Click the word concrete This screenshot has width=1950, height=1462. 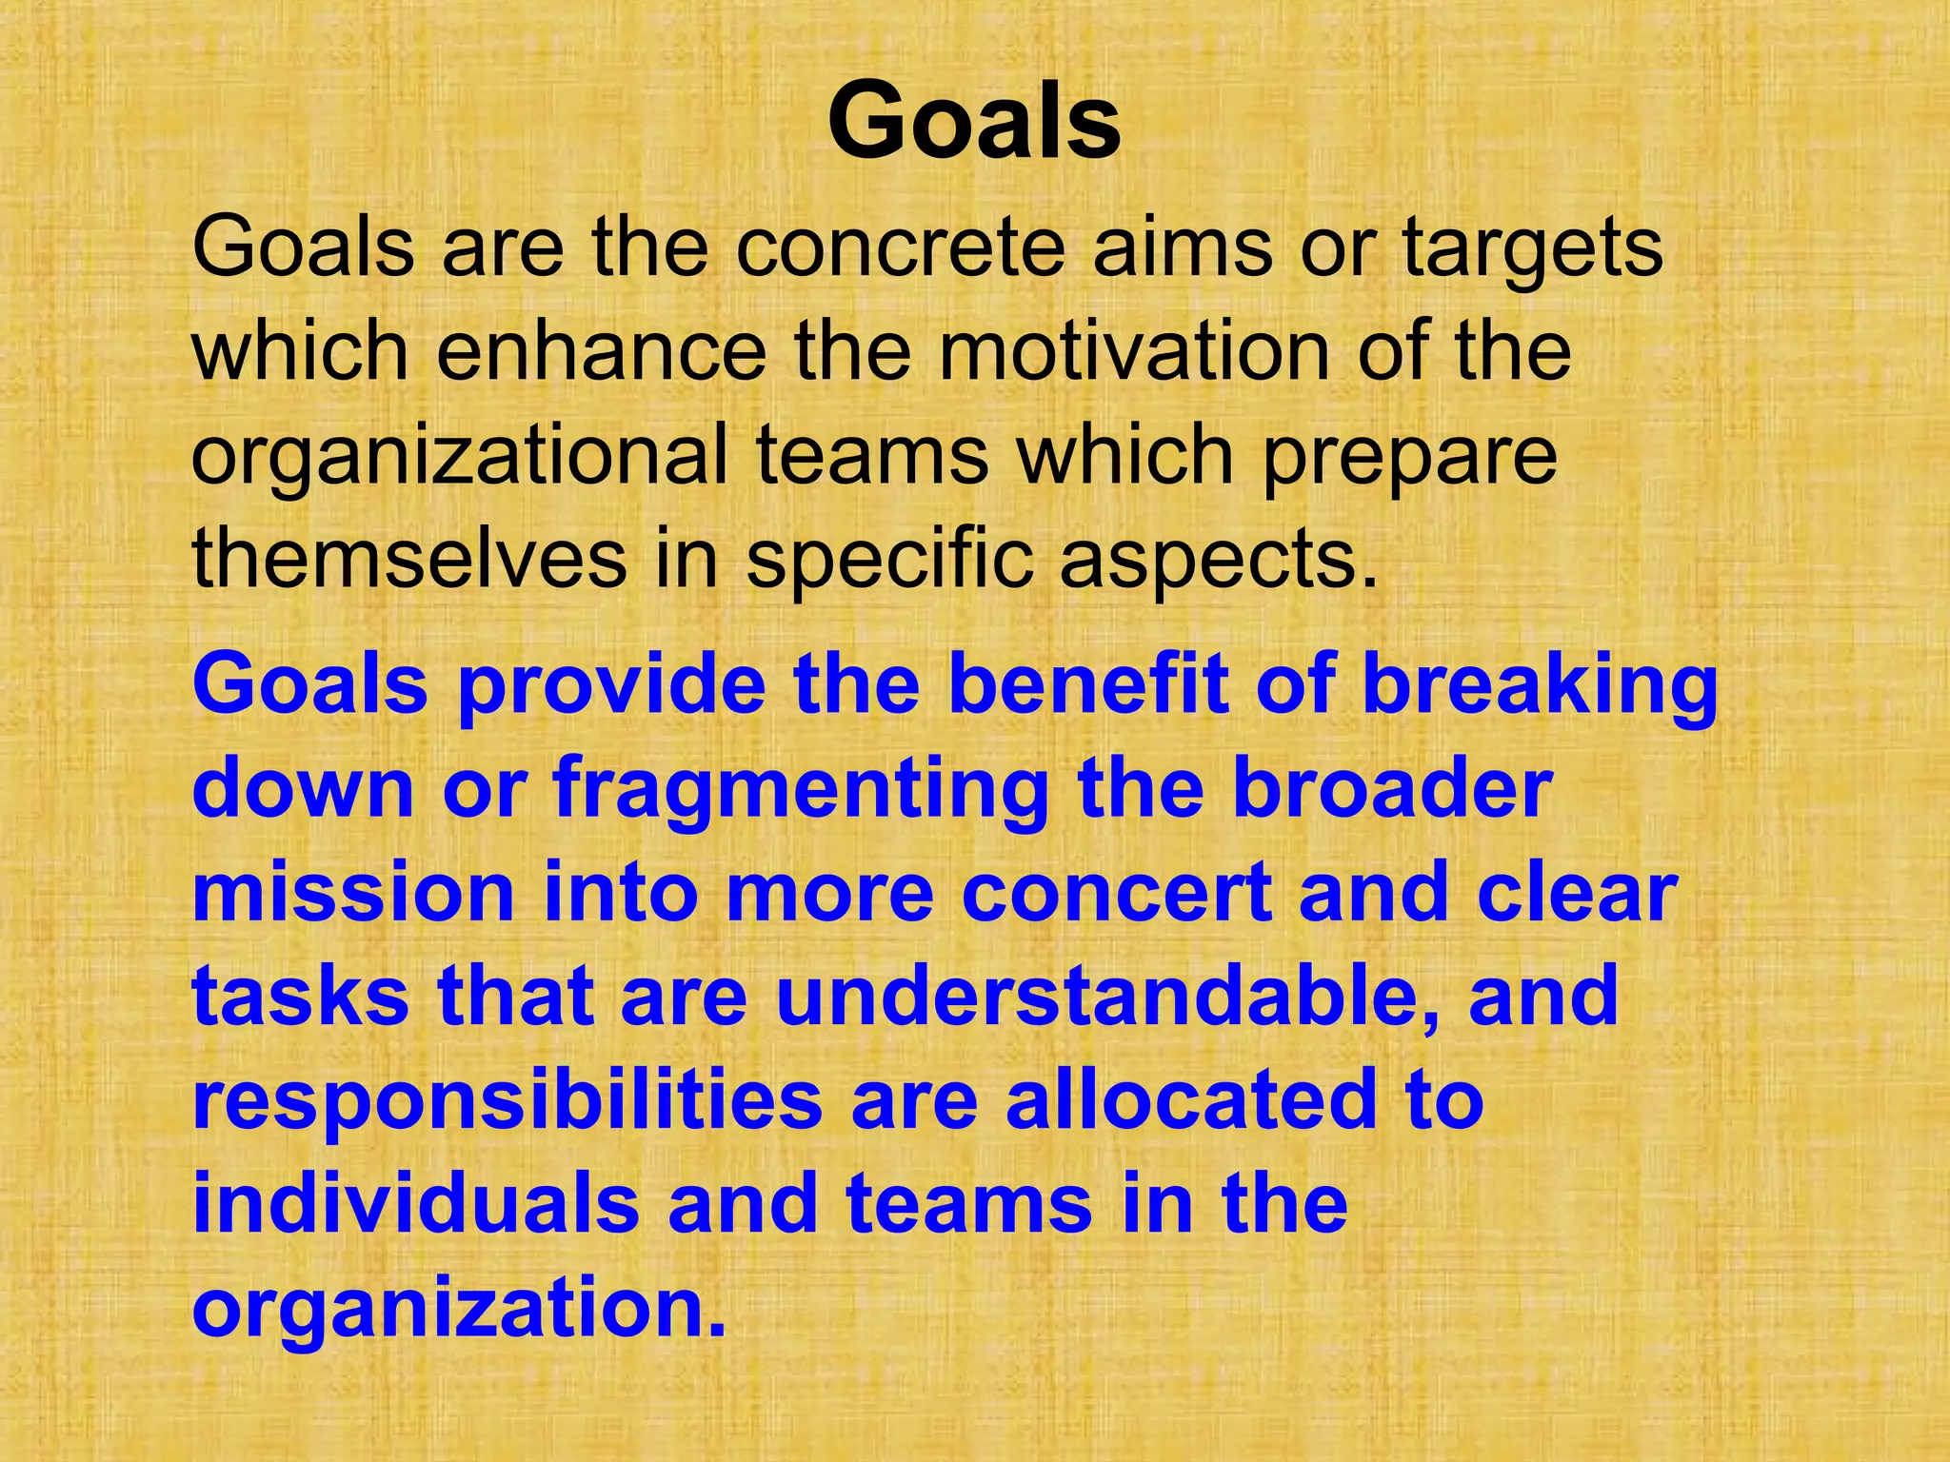point(900,247)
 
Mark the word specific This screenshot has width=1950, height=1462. point(889,559)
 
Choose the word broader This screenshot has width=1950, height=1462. point(1392,789)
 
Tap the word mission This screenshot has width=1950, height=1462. point(353,893)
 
